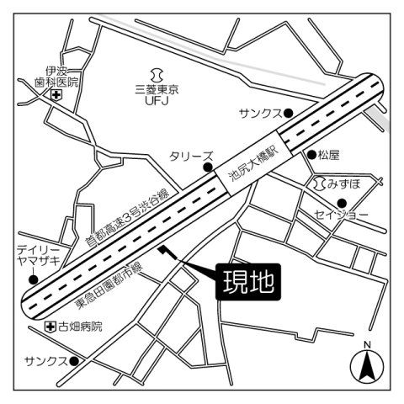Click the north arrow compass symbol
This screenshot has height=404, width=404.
367,364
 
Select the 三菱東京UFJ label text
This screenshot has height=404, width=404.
159,93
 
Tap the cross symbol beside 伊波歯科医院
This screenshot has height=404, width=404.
56,95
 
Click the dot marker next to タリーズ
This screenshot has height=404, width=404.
206,167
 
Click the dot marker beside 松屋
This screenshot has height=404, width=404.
311,155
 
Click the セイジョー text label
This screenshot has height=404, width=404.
342,215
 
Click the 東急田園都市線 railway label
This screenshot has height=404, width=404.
111,286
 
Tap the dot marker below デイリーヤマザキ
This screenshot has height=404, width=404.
33,279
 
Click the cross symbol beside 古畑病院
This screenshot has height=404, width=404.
50,326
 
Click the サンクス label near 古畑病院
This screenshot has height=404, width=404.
45,360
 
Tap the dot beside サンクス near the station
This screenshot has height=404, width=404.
288,113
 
